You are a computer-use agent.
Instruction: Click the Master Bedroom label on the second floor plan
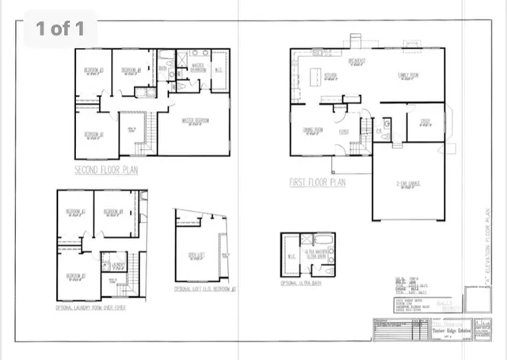pos(195,121)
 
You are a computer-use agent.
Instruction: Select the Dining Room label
pos(314,129)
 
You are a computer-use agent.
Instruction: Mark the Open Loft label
pos(196,255)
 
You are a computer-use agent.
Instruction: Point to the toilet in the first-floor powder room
pos(387,124)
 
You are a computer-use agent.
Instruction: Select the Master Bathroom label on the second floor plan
pos(197,69)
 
